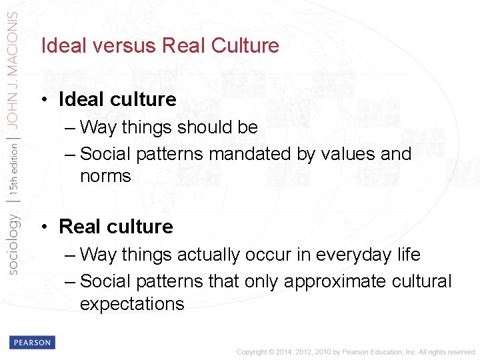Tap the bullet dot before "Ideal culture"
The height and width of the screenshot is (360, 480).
coord(43,100)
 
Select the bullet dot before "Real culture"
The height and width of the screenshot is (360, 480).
coord(43,227)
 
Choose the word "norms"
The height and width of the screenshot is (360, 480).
coord(105,177)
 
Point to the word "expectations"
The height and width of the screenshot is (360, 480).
coord(132,305)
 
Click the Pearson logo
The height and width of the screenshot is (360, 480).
coord(31,342)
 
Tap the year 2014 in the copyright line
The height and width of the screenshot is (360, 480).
coord(279,351)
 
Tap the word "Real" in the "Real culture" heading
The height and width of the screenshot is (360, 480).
coord(78,227)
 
